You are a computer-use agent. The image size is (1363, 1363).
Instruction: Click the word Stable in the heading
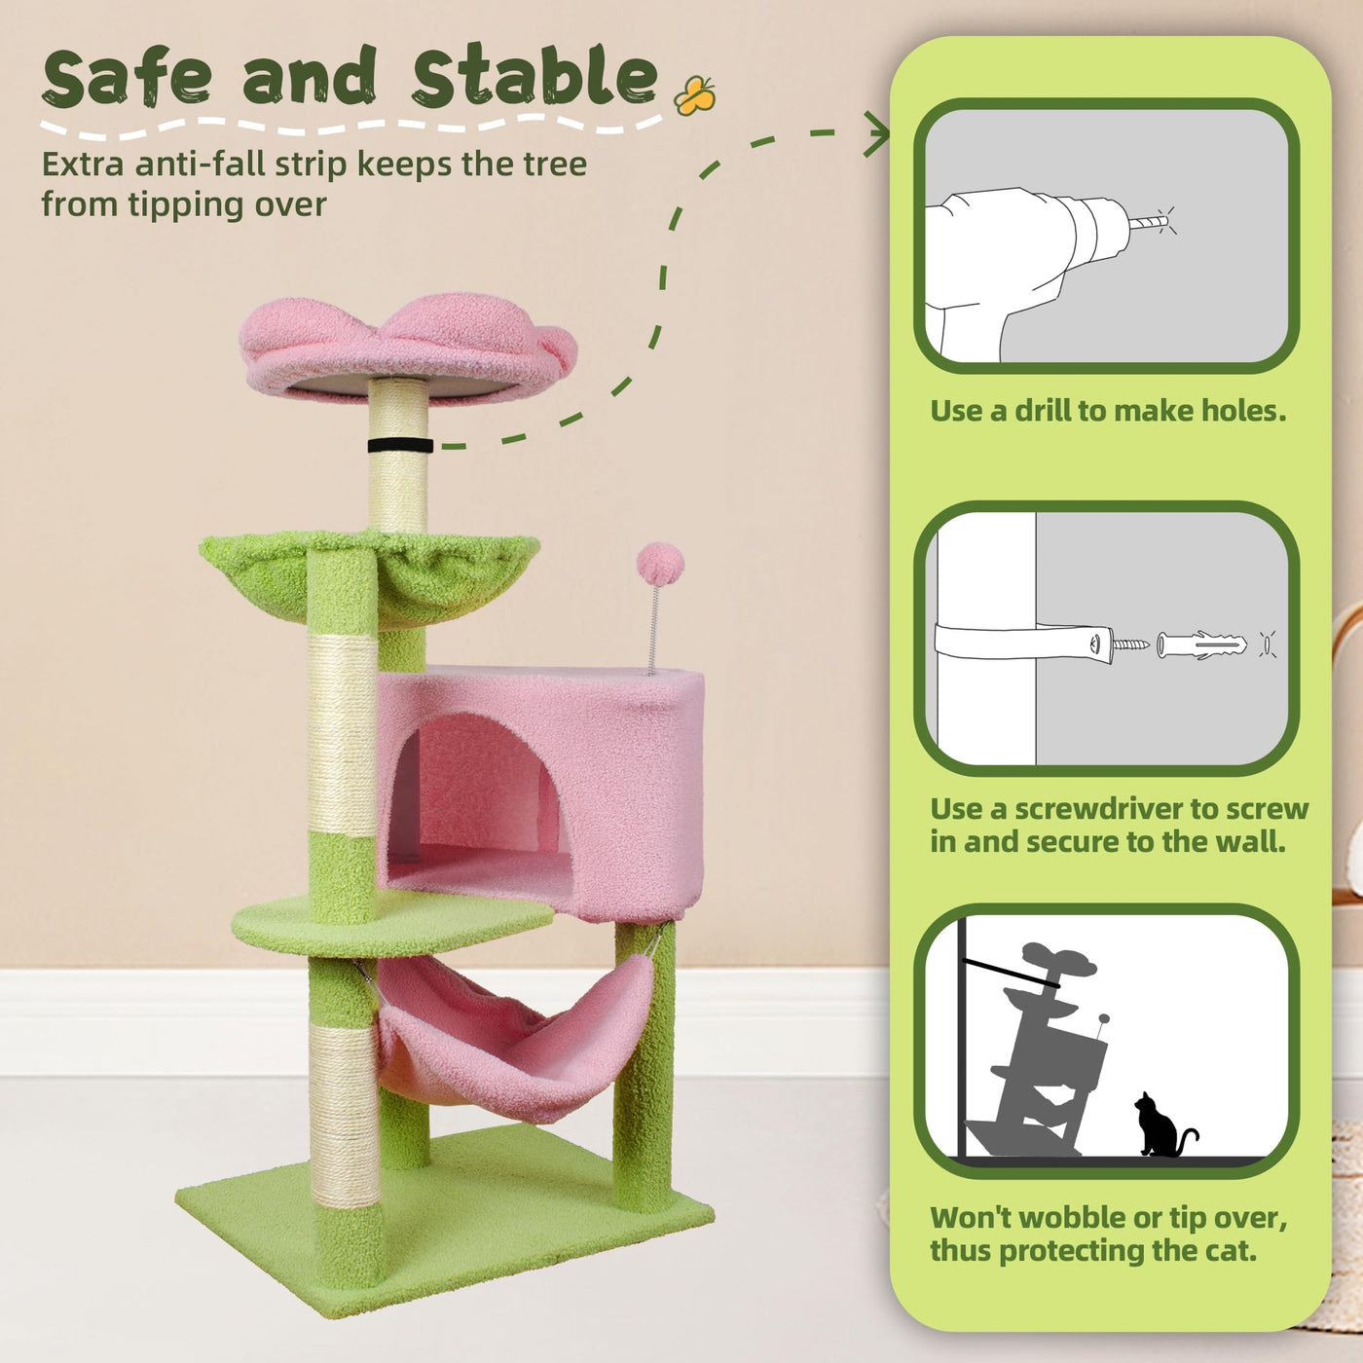tap(534, 75)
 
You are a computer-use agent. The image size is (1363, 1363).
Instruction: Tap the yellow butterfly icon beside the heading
tap(694, 95)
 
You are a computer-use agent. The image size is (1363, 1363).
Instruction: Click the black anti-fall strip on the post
tap(400, 445)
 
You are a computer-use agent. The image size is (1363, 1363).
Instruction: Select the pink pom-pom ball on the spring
tap(660, 564)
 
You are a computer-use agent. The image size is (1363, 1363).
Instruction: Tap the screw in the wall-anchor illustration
tap(1131, 645)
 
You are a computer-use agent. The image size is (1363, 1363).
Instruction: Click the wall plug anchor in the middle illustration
tap(1201, 645)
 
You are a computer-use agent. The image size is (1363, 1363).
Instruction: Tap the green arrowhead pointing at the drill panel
tap(878, 133)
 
